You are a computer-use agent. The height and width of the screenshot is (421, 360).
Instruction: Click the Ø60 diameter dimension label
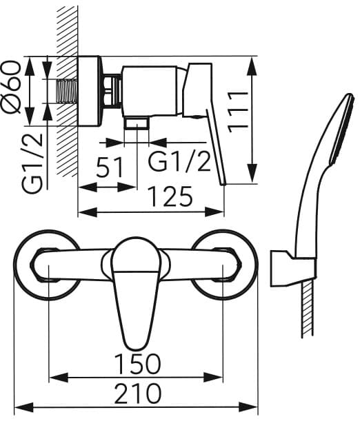click(11, 87)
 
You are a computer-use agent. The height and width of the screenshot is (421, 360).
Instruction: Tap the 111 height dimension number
click(238, 112)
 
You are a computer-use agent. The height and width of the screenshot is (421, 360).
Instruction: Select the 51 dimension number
click(110, 167)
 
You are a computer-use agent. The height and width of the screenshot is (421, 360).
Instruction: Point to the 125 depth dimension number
click(170, 196)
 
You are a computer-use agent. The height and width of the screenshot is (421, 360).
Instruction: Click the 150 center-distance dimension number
click(137, 364)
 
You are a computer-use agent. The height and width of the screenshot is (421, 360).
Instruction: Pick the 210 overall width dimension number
click(138, 393)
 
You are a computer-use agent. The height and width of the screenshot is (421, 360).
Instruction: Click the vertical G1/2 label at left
click(32, 163)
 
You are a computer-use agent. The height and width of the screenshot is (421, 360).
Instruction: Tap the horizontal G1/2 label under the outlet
click(179, 162)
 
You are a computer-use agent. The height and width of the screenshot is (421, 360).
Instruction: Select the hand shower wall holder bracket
click(292, 269)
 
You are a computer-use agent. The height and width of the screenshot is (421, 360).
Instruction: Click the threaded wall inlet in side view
click(67, 91)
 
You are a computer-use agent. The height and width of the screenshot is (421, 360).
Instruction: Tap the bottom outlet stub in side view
click(137, 123)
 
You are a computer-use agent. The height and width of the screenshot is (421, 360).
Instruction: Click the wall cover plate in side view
click(89, 91)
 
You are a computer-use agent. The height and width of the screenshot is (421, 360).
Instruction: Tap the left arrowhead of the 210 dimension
click(23, 407)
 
